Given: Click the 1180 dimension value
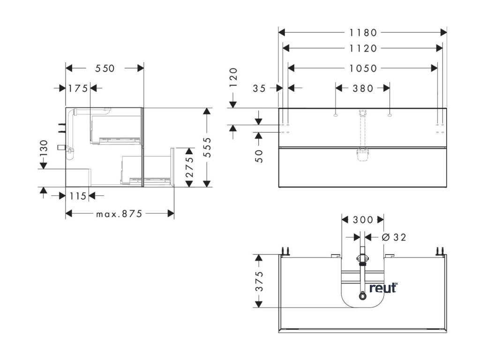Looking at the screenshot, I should (x=363, y=33).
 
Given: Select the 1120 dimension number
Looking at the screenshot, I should (x=363, y=48).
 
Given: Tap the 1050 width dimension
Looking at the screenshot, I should (x=363, y=68).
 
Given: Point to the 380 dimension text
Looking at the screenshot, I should (x=363, y=88).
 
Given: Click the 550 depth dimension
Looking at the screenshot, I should (x=105, y=68).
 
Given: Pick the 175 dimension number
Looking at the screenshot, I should (x=78, y=88).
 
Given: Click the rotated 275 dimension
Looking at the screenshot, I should (x=189, y=167).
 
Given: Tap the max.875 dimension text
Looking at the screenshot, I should (x=119, y=214).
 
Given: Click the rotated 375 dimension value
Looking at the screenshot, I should (x=259, y=281).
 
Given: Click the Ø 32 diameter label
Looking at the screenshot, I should (x=394, y=237).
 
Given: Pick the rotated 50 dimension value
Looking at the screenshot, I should (x=259, y=156).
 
